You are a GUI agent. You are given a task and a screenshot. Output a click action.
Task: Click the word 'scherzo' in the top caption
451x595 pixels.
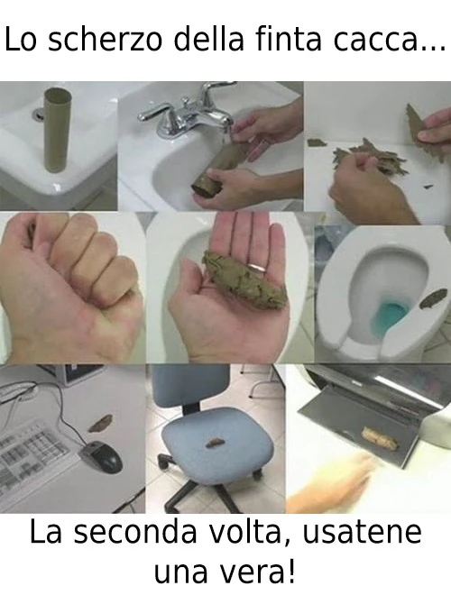click(x=105, y=40)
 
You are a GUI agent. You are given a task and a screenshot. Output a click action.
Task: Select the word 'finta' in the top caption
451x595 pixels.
click(x=290, y=40)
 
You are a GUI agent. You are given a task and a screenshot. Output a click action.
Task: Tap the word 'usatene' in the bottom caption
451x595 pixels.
click(x=362, y=533)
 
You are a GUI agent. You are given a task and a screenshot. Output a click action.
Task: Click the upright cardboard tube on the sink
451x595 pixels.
click(x=57, y=130)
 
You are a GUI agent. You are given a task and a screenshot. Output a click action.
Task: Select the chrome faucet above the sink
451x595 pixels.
click(x=186, y=109)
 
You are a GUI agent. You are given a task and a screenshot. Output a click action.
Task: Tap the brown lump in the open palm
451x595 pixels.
click(x=244, y=280)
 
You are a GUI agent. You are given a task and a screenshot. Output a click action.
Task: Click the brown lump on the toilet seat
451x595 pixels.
click(x=433, y=298)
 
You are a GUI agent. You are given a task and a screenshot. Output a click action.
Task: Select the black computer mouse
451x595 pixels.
click(x=103, y=455)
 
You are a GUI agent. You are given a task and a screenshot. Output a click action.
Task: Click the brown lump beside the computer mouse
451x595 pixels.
click(x=99, y=424)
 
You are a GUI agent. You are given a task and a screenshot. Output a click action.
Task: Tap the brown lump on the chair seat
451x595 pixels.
click(x=216, y=442)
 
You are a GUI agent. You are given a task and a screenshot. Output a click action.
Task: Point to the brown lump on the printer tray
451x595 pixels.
click(x=380, y=438)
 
